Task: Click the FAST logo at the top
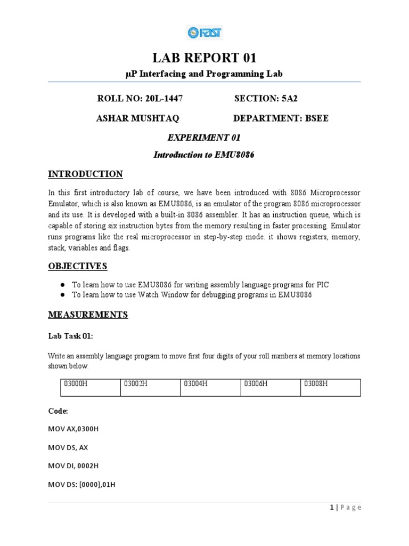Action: click(204, 33)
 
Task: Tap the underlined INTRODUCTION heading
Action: click(85, 174)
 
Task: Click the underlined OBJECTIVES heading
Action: click(78, 266)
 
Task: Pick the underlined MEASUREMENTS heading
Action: click(88, 315)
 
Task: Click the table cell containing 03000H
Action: click(89, 387)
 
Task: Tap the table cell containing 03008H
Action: click(330, 387)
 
